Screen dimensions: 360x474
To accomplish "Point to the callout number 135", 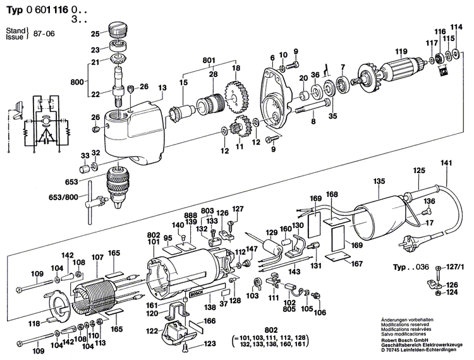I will [x=379, y=181].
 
